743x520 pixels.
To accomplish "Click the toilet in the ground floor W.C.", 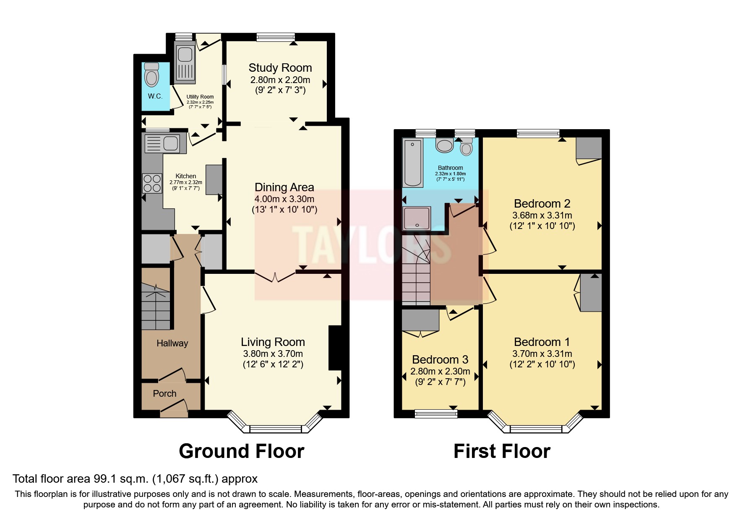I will tap(151, 76).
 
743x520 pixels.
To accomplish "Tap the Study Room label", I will tap(280, 68).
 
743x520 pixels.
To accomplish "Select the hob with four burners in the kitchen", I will tap(152, 183).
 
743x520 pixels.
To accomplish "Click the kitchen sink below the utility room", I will tap(162, 143).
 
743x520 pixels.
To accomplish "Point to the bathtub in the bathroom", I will tap(413, 163).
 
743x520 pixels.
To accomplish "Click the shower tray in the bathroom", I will tap(416, 218).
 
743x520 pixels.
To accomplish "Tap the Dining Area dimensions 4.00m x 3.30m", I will tap(284, 199).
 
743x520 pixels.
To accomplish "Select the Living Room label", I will tap(273, 342).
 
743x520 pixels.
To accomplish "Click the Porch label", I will tap(164, 394).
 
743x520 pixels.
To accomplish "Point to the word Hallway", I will tap(172, 343).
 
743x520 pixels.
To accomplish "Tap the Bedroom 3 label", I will tap(440, 360).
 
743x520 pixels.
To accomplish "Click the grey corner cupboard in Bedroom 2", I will tap(589, 148).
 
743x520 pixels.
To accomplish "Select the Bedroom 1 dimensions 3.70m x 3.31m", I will tap(542, 354).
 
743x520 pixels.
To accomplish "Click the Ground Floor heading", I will tap(241, 452).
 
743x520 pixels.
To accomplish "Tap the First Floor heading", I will tap(502, 452).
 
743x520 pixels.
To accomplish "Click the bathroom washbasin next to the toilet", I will tap(444, 145).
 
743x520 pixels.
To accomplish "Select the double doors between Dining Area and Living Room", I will tap(275, 277).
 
